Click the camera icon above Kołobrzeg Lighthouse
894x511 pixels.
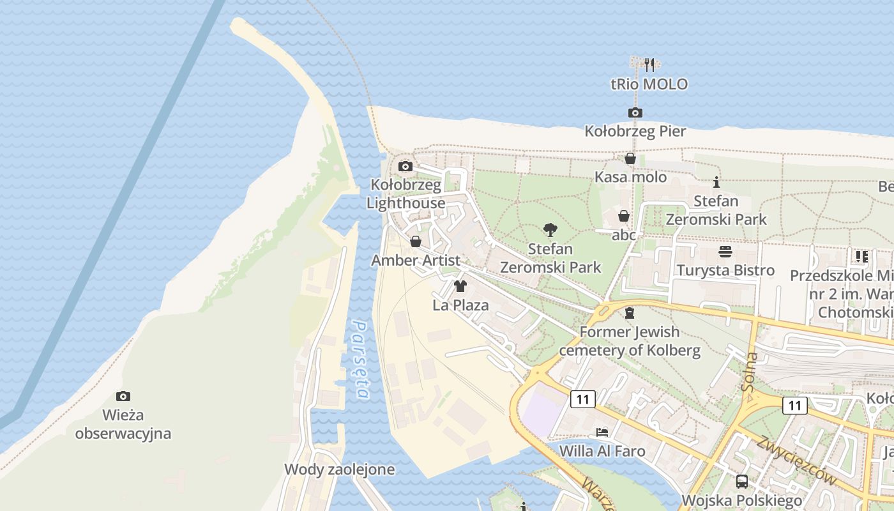(405, 167)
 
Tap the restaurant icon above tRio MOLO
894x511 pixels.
(649, 65)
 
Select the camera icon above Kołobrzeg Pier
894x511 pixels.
(635, 113)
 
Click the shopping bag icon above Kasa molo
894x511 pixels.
(630, 158)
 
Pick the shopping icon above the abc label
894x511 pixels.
(624, 217)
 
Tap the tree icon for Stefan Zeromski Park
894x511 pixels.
(550, 230)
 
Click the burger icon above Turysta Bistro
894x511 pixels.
(725, 251)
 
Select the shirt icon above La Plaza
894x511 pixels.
(460, 286)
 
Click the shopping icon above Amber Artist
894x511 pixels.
(416, 241)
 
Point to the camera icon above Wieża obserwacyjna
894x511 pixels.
(123, 397)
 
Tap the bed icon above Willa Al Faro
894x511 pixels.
(602, 432)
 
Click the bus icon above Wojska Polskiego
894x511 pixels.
(741, 482)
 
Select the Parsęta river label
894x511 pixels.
(360, 359)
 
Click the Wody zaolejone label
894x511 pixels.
(339, 469)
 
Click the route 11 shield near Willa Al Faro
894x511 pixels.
(582, 399)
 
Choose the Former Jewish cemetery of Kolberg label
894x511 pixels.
(630, 341)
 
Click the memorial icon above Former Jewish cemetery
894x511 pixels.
(630, 313)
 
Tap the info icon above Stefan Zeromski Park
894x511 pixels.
(716, 182)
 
